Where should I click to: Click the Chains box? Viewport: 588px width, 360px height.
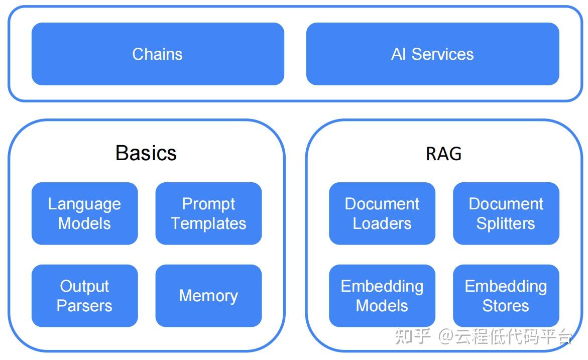(158, 54)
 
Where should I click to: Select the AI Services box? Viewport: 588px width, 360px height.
(432, 54)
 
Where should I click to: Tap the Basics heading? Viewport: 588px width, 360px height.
(146, 153)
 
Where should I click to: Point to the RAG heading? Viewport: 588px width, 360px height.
(443, 154)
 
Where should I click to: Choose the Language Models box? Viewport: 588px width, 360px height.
(84, 213)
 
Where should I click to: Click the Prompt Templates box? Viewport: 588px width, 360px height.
(208, 213)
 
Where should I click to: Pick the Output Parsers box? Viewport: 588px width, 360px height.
(84, 296)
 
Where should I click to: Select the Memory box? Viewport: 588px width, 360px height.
(208, 296)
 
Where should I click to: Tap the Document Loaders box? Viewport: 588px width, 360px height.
(382, 213)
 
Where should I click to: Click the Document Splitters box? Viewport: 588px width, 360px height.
(506, 213)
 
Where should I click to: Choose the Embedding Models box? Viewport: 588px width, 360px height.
(382, 296)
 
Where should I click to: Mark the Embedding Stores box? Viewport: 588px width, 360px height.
(506, 296)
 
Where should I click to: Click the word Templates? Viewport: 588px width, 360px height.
(208, 223)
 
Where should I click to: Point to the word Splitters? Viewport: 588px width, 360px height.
(506, 223)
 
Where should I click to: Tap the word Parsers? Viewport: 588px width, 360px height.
(84, 306)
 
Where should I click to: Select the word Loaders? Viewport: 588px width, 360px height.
(382, 223)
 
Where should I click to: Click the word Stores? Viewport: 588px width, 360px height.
(506, 306)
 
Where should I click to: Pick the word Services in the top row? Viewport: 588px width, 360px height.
(442, 54)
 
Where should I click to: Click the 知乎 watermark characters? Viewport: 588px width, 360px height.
(413, 336)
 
